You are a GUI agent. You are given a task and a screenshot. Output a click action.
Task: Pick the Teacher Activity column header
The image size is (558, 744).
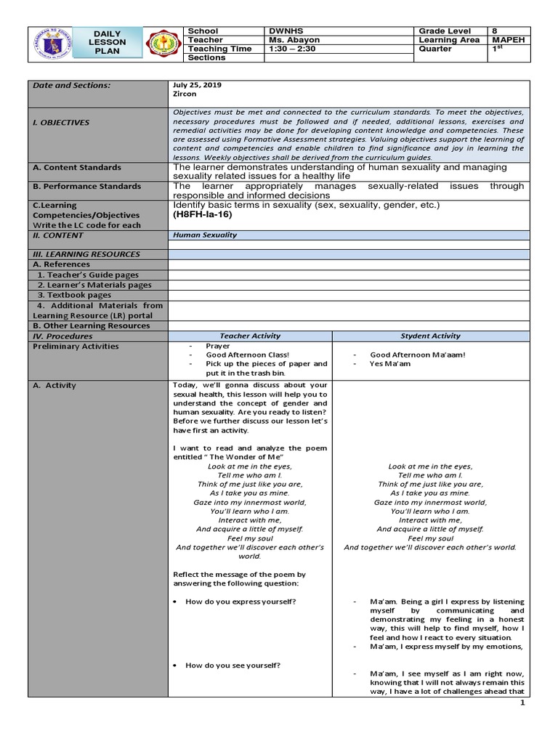[x=249, y=336]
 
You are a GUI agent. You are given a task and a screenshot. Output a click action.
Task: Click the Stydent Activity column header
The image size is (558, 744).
[x=430, y=336]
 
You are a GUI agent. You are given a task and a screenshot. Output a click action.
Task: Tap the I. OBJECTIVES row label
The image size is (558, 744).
[x=60, y=123]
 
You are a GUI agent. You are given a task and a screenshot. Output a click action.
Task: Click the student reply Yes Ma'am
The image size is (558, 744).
[x=390, y=363]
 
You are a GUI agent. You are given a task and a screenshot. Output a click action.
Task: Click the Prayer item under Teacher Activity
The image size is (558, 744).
[x=217, y=347]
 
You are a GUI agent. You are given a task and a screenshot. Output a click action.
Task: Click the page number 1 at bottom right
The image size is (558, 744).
[x=521, y=703]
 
